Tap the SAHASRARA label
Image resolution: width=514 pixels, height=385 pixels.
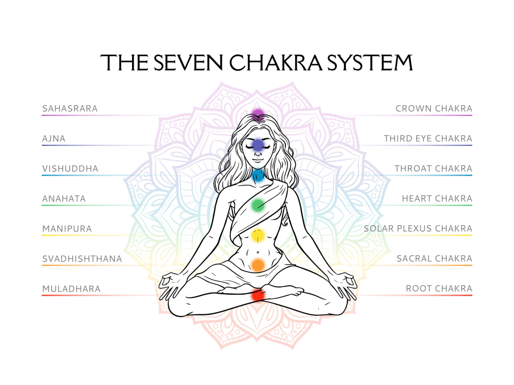pos(70,108)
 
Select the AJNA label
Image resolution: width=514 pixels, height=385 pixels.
pos(54,138)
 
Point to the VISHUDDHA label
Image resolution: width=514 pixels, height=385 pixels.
pos(70,168)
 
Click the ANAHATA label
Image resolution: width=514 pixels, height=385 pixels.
pos(64,199)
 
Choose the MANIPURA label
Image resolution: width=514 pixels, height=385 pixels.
pos(67,229)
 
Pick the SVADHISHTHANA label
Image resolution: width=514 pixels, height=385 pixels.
pos(82,259)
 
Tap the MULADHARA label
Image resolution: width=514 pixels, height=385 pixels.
pos(71,289)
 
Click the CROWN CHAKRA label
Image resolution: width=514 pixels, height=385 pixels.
pos(434,108)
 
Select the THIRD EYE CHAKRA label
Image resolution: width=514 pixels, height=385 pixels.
pos(428,138)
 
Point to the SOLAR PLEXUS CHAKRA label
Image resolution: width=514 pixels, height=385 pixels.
pos(418,229)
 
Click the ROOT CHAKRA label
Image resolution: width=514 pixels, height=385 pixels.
pos(439,289)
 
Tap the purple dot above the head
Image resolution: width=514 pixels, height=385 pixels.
pos(258,113)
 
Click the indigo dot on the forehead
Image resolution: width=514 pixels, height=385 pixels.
pos(258,145)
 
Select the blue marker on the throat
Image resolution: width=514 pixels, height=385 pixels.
pos(258,175)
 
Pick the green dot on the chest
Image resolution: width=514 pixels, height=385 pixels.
pos(258,204)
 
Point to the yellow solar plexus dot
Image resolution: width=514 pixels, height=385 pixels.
pos(258,234)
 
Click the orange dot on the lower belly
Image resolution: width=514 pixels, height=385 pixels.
pos(258,265)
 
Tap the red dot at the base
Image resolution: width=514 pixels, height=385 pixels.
pos(258,295)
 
